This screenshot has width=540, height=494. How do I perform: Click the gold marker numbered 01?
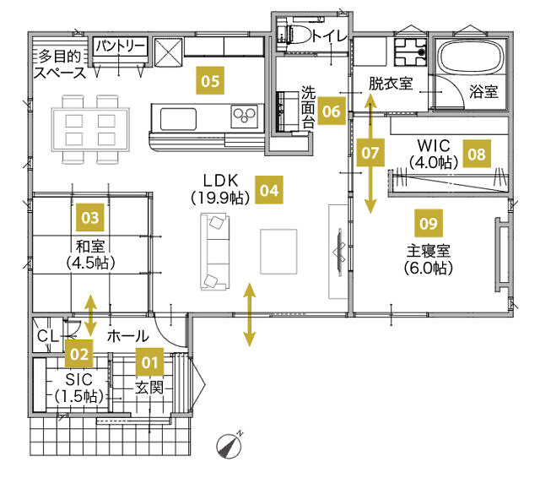[x=150, y=361]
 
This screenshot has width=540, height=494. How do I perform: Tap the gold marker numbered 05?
[x=210, y=81]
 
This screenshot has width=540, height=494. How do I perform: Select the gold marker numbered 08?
[x=477, y=154]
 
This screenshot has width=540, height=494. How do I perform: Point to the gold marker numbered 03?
[x=90, y=217]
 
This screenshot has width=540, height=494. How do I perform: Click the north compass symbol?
[x=229, y=445]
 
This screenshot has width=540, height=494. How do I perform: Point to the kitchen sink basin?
[x=178, y=119]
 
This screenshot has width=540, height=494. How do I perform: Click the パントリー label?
[x=120, y=46]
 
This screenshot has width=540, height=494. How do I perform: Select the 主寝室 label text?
[x=429, y=251]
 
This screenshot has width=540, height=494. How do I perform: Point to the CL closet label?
[x=48, y=336]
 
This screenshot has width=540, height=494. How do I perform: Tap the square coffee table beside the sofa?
[x=278, y=252]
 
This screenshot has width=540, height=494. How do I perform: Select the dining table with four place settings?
[x=90, y=129]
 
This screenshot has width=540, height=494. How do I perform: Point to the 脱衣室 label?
[x=391, y=84]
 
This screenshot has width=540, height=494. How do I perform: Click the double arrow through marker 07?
[x=370, y=154]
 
